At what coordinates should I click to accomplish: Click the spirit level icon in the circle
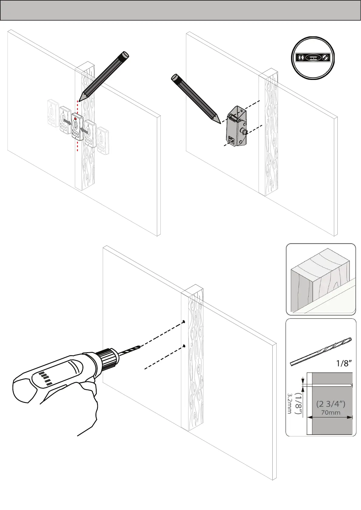pyautogui.click(x=313, y=58)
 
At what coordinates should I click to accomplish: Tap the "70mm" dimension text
pyautogui.click(x=330, y=412)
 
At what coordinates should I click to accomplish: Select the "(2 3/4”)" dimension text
pyautogui.click(x=330, y=404)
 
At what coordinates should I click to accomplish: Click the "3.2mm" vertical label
pyautogui.click(x=289, y=403)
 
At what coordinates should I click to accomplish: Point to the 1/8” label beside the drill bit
pyautogui.click(x=344, y=363)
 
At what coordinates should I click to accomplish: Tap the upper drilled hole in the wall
pyautogui.click(x=184, y=322)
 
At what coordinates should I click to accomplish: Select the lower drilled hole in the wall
pyautogui.click(x=184, y=346)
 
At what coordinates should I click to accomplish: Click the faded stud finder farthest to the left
pyautogui.click(x=53, y=112)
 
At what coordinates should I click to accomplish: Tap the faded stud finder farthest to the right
pyautogui.click(x=103, y=141)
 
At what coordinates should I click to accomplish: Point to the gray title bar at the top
pyautogui.click(x=180, y=10)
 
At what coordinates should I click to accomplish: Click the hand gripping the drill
pyautogui.click(x=88, y=400)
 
